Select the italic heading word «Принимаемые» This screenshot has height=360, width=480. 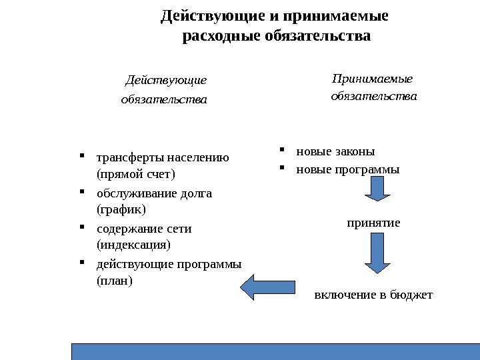point(372,79)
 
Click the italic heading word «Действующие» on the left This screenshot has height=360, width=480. point(165,81)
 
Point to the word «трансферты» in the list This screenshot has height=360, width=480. point(130,159)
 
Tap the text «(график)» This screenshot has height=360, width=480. point(121,209)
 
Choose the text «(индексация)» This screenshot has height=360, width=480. point(133,245)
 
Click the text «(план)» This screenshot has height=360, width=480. point(115,280)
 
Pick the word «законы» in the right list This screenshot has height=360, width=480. point(356,151)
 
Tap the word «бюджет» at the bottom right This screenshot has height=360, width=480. point(414,293)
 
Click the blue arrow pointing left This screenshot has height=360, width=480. point(261,288)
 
